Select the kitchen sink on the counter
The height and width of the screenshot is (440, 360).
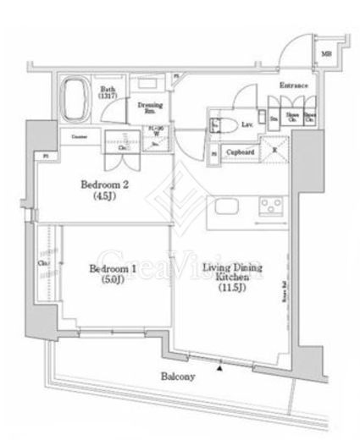[229, 207]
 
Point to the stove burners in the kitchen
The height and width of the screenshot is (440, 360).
[271, 206]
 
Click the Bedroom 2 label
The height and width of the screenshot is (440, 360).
[103, 184]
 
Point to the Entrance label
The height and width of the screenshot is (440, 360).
[294, 86]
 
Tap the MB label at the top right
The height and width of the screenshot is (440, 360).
[327, 56]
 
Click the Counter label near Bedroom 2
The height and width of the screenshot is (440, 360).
[80, 137]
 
